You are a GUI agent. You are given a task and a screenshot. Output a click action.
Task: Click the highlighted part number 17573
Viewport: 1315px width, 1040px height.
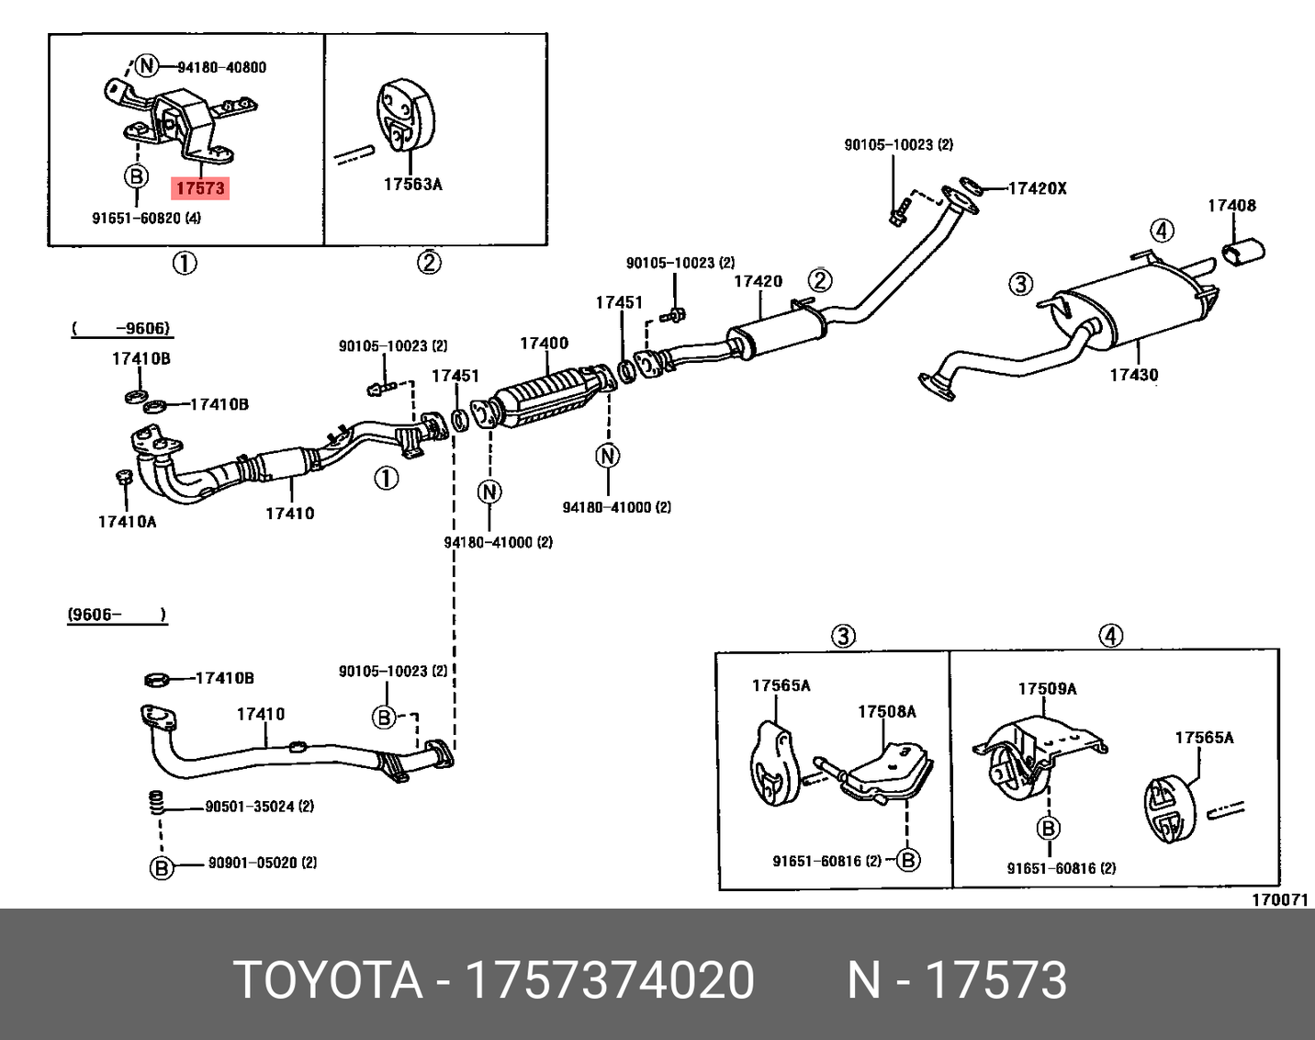200,188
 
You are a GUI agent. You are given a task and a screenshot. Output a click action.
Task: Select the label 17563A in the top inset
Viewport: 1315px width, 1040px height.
412,185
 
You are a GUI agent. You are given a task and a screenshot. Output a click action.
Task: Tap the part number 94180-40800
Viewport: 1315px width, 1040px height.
221,67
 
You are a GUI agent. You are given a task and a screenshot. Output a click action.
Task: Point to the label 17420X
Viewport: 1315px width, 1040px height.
1037,188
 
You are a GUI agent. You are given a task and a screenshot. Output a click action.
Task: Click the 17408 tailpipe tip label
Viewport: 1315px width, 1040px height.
1231,206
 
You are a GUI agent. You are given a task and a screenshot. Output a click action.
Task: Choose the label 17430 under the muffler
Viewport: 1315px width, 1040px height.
1133,375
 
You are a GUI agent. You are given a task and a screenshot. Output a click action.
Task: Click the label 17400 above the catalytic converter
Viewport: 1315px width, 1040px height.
544,343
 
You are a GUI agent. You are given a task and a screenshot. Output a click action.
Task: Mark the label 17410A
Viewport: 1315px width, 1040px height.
127,522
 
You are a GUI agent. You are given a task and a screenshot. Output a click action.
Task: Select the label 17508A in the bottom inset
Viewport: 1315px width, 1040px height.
886,711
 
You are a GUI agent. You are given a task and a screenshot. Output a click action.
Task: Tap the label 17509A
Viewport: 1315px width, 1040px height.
1047,689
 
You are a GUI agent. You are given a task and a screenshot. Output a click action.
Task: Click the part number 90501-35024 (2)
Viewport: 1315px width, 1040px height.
259,807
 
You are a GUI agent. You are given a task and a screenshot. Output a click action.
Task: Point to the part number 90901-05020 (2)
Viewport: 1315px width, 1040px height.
263,863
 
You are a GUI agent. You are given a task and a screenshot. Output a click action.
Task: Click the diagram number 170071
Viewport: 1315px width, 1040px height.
1279,899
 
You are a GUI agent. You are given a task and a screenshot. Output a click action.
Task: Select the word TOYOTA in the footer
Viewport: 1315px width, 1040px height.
329,979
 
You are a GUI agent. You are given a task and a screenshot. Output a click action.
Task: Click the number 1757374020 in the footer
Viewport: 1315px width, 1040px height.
610,979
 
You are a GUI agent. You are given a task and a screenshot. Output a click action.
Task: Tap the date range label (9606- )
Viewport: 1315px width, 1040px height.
117,614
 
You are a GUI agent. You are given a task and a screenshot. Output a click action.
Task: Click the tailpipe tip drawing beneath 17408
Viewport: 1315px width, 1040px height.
1244,249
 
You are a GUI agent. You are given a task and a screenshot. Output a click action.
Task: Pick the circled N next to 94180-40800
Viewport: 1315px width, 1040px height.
147,66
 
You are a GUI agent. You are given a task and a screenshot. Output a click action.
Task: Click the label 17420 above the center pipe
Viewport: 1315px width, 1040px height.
758,281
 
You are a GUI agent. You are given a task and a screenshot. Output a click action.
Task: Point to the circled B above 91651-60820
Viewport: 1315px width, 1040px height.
136,176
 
